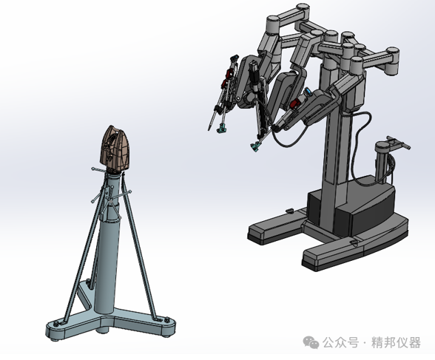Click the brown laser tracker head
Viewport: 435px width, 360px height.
[x=114, y=149]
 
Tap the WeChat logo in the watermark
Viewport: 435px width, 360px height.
[x=311, y=342]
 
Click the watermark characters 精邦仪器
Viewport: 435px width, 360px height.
[x=397, y=342]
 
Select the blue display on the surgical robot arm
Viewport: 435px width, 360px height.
[x=308, y=92]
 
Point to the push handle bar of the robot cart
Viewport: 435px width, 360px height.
[x=399, y=142]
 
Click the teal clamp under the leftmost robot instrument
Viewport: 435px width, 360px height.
[x=221, y=129]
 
